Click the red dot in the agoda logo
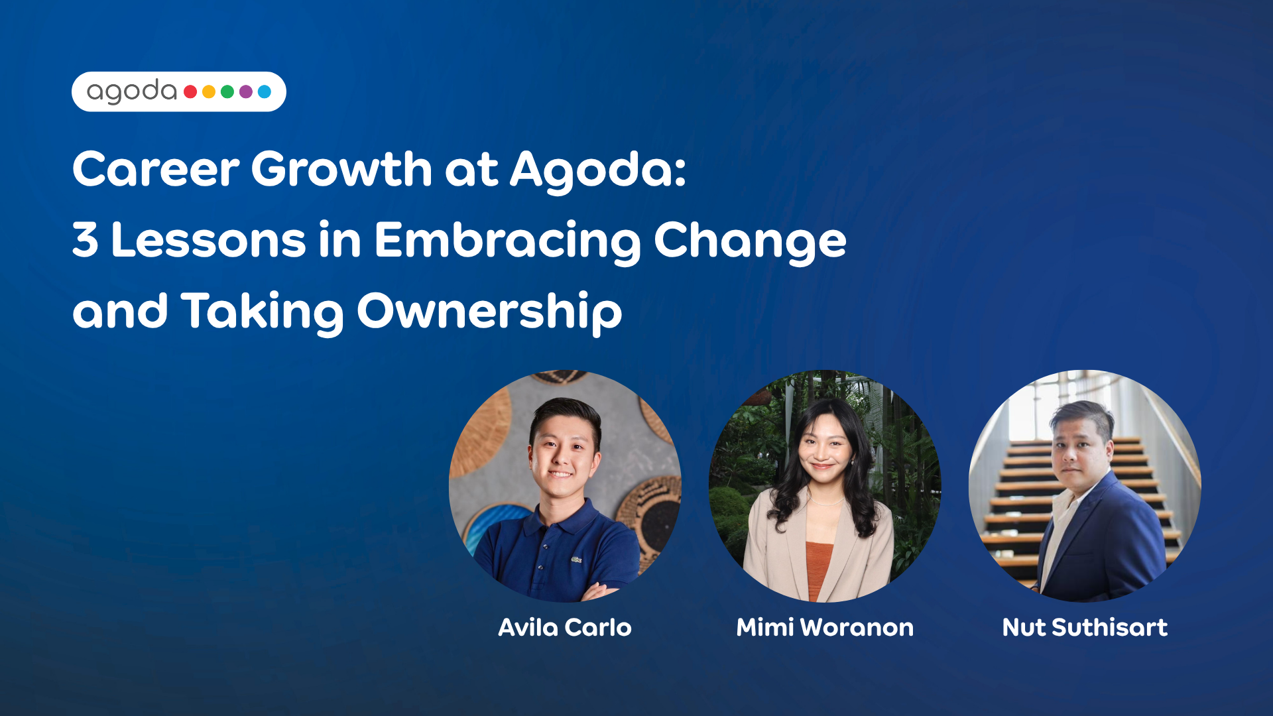[190, 91]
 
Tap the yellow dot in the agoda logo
[209, 91]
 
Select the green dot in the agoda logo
[227, 91]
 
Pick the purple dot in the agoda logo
[246, 91]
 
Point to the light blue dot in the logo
[265, 91]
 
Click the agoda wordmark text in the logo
[132, 91]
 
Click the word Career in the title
[156, 169]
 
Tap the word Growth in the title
[342, 169]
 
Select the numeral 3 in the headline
[86, 239]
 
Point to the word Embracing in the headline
[507, 241]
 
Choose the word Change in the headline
[751, 241]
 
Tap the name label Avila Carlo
[565, 627]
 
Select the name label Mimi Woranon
[825, 627]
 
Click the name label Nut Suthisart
[1085, 627]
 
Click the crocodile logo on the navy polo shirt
[576, 560]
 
